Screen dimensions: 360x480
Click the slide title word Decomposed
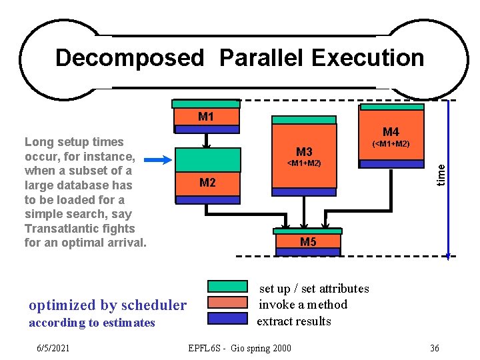129,58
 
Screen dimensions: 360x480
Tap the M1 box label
206,117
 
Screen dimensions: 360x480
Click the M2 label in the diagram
207,183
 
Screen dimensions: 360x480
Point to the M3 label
304,151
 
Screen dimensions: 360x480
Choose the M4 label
391,132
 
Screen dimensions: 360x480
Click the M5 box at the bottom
308,241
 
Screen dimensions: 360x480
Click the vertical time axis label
441,175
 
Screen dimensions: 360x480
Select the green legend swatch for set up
227,287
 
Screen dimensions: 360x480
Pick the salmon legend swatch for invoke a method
227,302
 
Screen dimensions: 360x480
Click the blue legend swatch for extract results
227,318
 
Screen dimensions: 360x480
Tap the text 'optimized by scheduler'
108,305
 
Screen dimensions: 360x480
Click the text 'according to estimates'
92,323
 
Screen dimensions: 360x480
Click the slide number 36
434,348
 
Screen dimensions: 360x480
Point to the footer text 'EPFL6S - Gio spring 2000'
239,348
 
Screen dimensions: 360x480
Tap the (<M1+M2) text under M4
391,144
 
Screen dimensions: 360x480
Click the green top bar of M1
206,104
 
